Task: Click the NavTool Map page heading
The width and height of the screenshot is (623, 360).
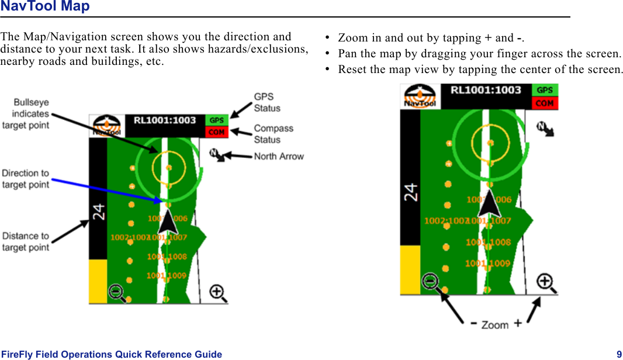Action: [45, 7]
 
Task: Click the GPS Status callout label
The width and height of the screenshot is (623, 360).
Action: [267, 102]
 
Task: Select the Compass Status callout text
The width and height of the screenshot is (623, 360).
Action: [273, 134]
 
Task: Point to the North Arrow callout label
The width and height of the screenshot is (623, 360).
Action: [279, 156]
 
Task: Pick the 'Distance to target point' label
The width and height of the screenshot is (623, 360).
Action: [26, 241]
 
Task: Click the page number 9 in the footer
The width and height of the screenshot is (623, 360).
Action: [619, 354]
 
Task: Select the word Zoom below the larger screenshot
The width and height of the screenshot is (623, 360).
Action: [494, 325]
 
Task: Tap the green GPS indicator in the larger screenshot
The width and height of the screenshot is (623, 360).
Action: [545, 90]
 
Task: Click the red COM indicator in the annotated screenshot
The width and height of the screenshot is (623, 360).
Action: [217, 132]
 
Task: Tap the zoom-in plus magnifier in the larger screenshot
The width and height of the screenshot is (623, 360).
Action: [546, 283]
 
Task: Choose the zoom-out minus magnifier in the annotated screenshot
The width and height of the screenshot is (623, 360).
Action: [117, 292]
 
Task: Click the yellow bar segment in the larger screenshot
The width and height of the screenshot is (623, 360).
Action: [410, 269]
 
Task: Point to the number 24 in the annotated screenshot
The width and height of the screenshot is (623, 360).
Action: [98, 212]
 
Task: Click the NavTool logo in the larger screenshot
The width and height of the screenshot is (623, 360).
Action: [420, 96]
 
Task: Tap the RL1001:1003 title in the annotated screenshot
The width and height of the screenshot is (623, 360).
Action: [164, 120]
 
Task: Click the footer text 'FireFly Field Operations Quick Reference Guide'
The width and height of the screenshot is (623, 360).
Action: [112, 354]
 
